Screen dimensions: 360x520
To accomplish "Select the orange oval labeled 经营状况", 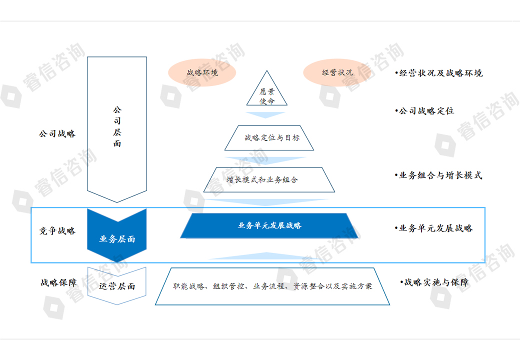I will click(x=337, y=72).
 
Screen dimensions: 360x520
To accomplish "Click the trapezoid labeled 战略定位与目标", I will click(x=269, y=137).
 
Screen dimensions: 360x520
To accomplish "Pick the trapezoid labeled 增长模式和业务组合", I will click(x=269, y=179).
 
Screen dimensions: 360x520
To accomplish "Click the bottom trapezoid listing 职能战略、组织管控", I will click(x=272, y=286).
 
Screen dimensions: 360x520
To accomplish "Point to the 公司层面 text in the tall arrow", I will click(x=117, y=126).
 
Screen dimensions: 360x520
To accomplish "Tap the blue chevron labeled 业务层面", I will click(x=117, y=238).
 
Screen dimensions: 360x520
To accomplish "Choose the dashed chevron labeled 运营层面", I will click(x=117, y=286).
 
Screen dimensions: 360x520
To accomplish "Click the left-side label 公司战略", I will click(x=57, y=134).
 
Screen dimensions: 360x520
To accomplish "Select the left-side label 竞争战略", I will click(x=57, y=231).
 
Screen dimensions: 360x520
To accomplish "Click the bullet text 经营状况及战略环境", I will click(x=438, y=73).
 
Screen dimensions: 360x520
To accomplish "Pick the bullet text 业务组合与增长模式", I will click(x=438, y=175).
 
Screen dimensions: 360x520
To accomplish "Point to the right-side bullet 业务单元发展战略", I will click(x=433, y=228).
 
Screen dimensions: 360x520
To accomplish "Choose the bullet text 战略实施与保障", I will click(x=434, y=282).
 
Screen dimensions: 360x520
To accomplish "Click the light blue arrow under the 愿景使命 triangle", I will click(x=267, y=114).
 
